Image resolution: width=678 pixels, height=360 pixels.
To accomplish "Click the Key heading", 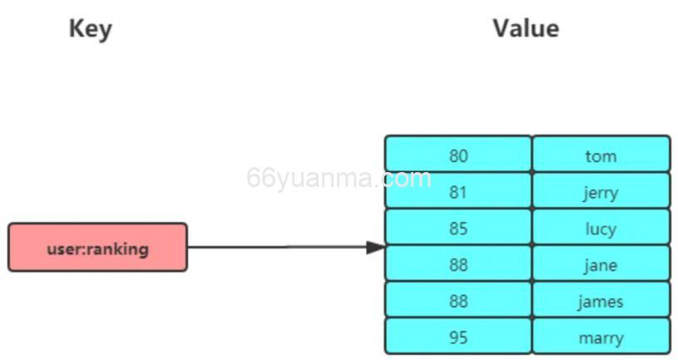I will click(x=90, y=29).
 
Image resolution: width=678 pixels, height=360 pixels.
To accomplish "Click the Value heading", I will click(x=525, y=28).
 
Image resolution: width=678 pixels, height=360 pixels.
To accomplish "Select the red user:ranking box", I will click(x=97, y=247).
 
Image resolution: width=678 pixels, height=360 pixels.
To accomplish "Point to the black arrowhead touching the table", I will click(x=375, y=247).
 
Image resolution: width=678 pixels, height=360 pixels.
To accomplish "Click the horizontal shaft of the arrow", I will click(x=275, y=247).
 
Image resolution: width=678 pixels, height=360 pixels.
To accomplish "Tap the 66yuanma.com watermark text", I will click(x=339, y=179).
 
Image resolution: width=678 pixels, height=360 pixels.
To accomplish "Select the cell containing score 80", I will click(x=458, y=155).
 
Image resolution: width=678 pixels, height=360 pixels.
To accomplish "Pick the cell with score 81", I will click(x=458, y=191).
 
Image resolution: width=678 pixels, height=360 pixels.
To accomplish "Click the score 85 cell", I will click(x=458, y=228).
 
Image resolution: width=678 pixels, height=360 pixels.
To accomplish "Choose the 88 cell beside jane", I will click(x=458, y=264).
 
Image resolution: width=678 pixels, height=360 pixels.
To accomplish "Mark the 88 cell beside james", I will click(x=458, y=301).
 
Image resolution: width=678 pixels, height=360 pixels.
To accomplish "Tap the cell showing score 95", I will click(x=458, y=337).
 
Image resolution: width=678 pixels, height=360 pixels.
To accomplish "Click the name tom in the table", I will click(x=601, y=155).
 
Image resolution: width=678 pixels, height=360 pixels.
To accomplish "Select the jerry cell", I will click(x=601, y=191).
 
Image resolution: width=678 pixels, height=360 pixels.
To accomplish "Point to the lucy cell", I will click(x=601, y=228).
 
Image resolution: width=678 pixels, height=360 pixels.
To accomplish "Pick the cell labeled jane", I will click(x=601, y=264).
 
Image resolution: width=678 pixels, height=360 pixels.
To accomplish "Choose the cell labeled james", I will click(x=601, y=301).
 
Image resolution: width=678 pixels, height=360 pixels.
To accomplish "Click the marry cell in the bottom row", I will click(x=601, y=337).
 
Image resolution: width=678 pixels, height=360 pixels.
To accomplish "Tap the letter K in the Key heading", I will click(x=76, y=29).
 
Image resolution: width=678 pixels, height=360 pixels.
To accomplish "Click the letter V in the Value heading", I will click(x=501, y=28).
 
